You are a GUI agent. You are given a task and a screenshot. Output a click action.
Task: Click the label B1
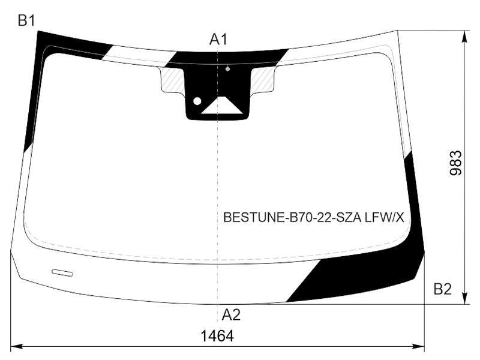tap(26, 21)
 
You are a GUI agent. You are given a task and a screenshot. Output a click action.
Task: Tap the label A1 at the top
tap(218, 40)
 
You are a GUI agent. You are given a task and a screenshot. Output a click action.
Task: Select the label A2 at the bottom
tap(231, 314)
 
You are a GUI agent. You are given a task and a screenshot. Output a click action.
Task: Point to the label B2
tap(443, 289)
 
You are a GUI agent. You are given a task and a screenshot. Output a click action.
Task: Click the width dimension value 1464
tap(217, 336)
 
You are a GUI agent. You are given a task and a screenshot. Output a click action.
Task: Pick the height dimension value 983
tap(455, 163)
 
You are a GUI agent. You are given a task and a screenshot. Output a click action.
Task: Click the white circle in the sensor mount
tap(197, 101)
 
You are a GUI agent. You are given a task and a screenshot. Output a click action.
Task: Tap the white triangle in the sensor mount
tap(221, 106)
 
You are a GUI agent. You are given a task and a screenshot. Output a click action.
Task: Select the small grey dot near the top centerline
tap(227, 69)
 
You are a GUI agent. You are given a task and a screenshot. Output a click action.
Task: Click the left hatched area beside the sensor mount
tap(172, 80)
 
